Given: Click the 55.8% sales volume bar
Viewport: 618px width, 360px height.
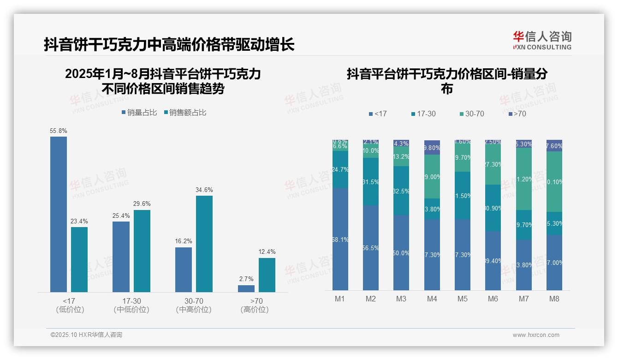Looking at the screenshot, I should pos(59,214).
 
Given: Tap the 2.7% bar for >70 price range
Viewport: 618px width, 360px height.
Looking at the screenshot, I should pos(246,288).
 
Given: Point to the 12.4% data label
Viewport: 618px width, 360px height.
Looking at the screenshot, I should pos(267,252).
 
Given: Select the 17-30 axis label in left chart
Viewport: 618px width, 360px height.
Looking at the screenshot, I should pos(131,301).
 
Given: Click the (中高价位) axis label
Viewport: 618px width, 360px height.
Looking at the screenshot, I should pos(194,310).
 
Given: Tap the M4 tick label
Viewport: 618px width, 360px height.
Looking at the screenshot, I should pos(432,299).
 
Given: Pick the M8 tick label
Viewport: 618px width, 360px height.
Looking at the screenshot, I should pos(554,299).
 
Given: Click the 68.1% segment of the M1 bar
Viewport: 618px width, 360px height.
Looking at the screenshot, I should pos(340,239).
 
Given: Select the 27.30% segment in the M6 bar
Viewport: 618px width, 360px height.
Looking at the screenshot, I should pos(493,165).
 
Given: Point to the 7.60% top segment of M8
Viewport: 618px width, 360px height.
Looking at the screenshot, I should pos(554,145).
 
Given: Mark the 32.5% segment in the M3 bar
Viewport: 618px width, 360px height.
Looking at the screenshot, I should pos(401,191).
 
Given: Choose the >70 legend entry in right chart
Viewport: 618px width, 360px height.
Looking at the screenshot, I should pos(517,114).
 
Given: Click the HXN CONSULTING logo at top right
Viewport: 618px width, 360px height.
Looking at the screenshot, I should pos(542,40).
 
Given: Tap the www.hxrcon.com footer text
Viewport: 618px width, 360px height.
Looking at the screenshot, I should pos(536,335).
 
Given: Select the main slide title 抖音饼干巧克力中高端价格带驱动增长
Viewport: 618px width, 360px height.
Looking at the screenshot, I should pos(169,45).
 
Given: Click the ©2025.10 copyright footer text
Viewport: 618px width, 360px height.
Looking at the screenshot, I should pos(86,335).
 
